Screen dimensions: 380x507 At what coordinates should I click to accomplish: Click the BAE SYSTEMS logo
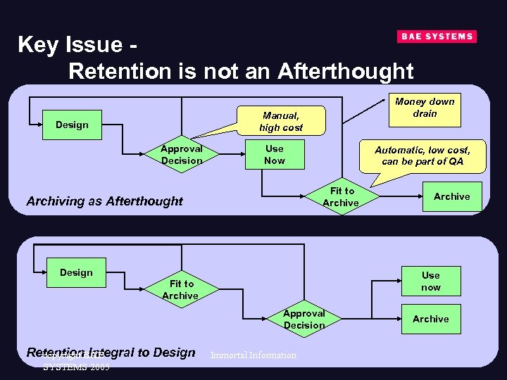click(437, 37)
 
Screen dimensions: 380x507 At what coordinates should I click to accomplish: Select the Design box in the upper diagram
click(72, 125)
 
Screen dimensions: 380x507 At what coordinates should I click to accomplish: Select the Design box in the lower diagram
click(76, 272)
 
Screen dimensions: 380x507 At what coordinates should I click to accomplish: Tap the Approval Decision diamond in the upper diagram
click(182, 155)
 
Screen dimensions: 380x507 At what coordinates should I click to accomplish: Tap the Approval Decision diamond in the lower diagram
click(304, 319)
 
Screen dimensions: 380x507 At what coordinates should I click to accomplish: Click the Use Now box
click(274, 155)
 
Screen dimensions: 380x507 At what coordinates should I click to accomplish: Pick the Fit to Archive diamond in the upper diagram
click(342, 197)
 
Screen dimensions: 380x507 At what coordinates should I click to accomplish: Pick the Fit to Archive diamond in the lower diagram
click(180, 290)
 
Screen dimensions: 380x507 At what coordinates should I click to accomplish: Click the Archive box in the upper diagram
click(451, 196)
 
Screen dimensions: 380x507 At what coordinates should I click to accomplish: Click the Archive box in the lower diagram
click(430, 319)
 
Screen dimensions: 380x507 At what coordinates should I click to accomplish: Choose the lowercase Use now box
click(430, 281)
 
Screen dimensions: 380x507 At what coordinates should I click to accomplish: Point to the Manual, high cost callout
click(280, 121)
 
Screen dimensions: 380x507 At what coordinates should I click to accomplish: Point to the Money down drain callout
click(425, 108)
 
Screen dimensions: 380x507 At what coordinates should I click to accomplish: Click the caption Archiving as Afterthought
click(104, 201)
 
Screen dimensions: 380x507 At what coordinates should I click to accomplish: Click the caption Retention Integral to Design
click(111, 353)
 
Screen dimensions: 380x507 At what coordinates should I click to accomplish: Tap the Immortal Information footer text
click(253, 355)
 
